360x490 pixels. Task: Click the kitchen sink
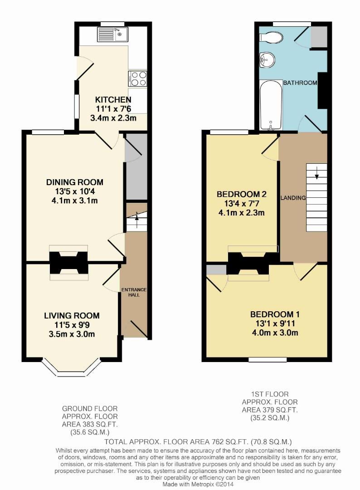pyautogui.click(x=112, y=34)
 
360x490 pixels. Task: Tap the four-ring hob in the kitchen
pyautogui.click(x=137, y=78)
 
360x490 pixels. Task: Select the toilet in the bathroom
pyautogui.click(x=271, y=38)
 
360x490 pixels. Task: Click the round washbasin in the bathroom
pyautogui.click(x=267, y=59)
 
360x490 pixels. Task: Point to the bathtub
pyautogui.click(x=271, y=105)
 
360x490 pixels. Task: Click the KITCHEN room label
pyautogui.click(x=113, y=100)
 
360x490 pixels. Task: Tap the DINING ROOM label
pyautogui.click(x=75, y=182)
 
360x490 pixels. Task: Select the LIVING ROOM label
pyautogui.click(x=72, y=316)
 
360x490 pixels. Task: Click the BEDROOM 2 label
pyautogui.click(x=242, y=194)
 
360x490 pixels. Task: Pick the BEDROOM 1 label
pyautogui.click(x=275, y=314)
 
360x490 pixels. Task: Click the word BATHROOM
pyautogui.click(x=300, y=83)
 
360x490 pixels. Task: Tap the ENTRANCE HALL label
pyautogui.click(x=134, y=292)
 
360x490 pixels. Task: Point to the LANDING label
pyautogui.click(x=293, y=198)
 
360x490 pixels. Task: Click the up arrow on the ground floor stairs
pyautogui.click(x=137, y=216)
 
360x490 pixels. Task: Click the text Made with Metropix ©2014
pyautogui.click(x=198, y=484)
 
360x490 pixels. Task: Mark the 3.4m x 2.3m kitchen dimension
pyautogui.click(x=113, y=118)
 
